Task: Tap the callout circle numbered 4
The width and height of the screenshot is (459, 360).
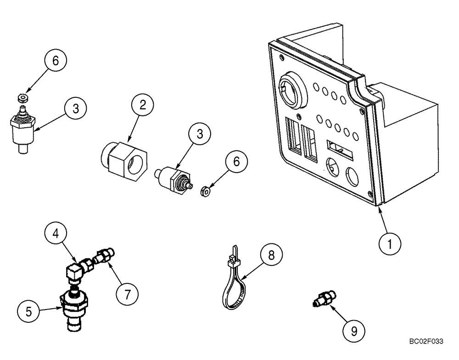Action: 55,232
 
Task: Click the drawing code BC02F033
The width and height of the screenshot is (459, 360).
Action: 427,341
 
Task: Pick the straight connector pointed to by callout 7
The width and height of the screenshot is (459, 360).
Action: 105,256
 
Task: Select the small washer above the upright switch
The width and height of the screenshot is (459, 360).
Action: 21,97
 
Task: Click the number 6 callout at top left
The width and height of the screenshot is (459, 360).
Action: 56,61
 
